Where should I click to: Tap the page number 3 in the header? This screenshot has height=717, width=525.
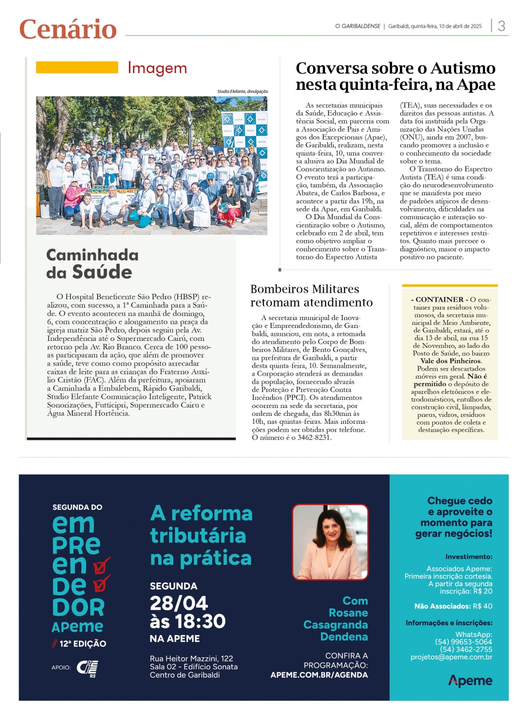point(502,26)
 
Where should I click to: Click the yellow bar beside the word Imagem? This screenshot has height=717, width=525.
point(77,67)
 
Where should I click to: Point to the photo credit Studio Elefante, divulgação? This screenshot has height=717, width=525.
point(242,91)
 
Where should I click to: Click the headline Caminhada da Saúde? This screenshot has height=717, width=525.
point(92,264)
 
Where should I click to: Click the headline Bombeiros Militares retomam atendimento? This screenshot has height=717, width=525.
point(311,296)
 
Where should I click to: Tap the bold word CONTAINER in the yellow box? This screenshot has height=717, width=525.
point(440,300)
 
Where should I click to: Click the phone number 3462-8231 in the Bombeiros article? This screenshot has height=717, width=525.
point(314,438)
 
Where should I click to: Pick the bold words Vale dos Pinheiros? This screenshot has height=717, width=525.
point(451,361)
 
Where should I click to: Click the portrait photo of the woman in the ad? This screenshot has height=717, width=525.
point(330,542)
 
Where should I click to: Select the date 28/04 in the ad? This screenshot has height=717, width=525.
point(179,603)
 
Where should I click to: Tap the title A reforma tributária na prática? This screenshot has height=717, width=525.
point(201,536)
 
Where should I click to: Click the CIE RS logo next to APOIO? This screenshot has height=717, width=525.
point(87,668)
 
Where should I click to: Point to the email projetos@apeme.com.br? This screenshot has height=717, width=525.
point(451,657)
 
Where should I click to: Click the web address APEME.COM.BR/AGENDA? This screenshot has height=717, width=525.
point(319,675)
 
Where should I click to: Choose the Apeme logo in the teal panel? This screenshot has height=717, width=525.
point(470,681)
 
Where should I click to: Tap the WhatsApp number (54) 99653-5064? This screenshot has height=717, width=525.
point(463,642)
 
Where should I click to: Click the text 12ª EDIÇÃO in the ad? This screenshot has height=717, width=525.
point(82,644)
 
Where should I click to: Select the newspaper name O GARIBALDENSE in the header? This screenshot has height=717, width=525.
point(357,26)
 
